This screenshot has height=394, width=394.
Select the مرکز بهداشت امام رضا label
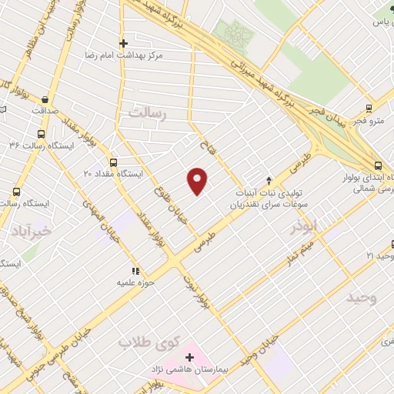(x=124, y=55)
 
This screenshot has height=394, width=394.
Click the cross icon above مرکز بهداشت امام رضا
(x=123, y=43)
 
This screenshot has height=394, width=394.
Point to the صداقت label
(x=48, y=111)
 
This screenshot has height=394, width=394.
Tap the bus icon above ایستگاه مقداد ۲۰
(x=114, y=162)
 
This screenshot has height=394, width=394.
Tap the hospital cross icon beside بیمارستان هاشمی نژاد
(x=190, y=359)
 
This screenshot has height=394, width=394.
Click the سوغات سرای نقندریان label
(x=262, y=206)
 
